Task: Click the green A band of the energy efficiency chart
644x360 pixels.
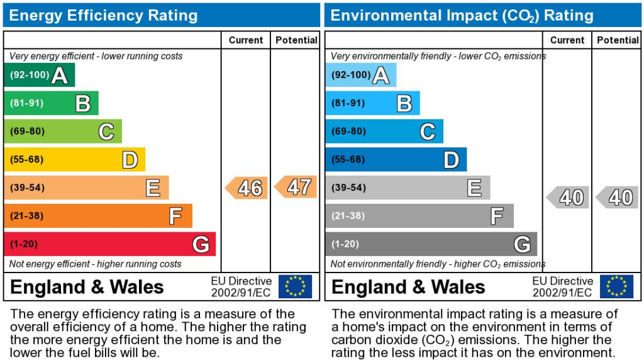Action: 39,75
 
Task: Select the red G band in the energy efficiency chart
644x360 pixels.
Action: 109,244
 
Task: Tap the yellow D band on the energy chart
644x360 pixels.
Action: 74,160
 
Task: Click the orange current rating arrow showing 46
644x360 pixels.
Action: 247,188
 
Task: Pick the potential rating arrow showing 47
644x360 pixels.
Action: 296,187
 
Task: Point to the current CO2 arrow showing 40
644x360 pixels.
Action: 568,197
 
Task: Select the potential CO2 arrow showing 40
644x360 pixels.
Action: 617,197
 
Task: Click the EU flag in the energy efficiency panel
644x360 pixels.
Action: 295,286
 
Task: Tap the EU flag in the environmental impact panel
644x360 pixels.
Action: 616,286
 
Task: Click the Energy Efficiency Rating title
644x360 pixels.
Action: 103,15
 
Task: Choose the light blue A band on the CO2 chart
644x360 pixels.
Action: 360,75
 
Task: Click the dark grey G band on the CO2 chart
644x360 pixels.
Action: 431,244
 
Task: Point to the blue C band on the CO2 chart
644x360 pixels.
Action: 384,132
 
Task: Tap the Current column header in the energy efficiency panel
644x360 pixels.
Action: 246,40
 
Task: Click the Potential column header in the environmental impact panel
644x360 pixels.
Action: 618,40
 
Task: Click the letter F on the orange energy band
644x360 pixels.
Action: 175,217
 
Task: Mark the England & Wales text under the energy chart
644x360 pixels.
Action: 87,288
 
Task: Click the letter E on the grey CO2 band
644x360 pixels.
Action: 474,188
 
